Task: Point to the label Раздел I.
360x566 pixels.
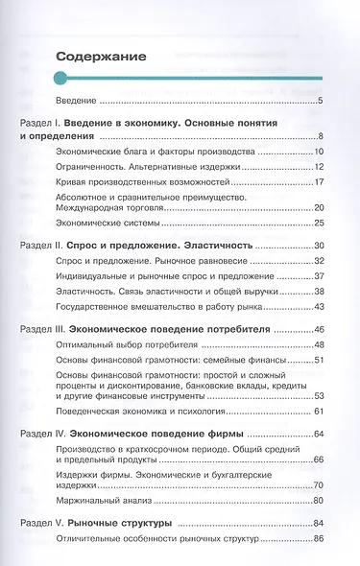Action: click(41, 125)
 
